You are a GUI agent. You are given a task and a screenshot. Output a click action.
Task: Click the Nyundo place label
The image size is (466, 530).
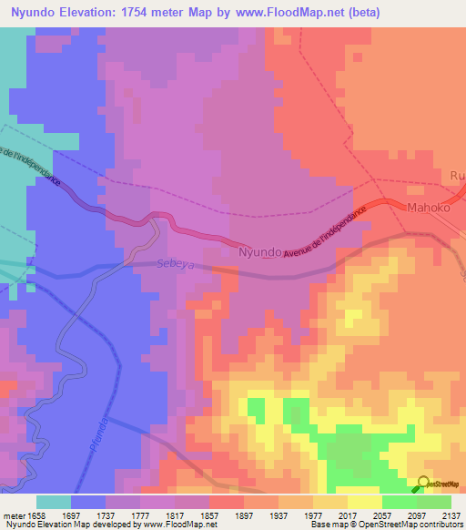(x=258, y=251)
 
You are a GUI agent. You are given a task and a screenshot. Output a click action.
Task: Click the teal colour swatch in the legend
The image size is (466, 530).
(x=54, y=502)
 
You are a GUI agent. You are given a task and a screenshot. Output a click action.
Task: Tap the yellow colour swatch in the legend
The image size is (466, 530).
(x=365, y=502)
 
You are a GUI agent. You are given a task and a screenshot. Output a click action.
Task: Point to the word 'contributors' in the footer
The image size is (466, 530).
(x=441, y=525)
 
